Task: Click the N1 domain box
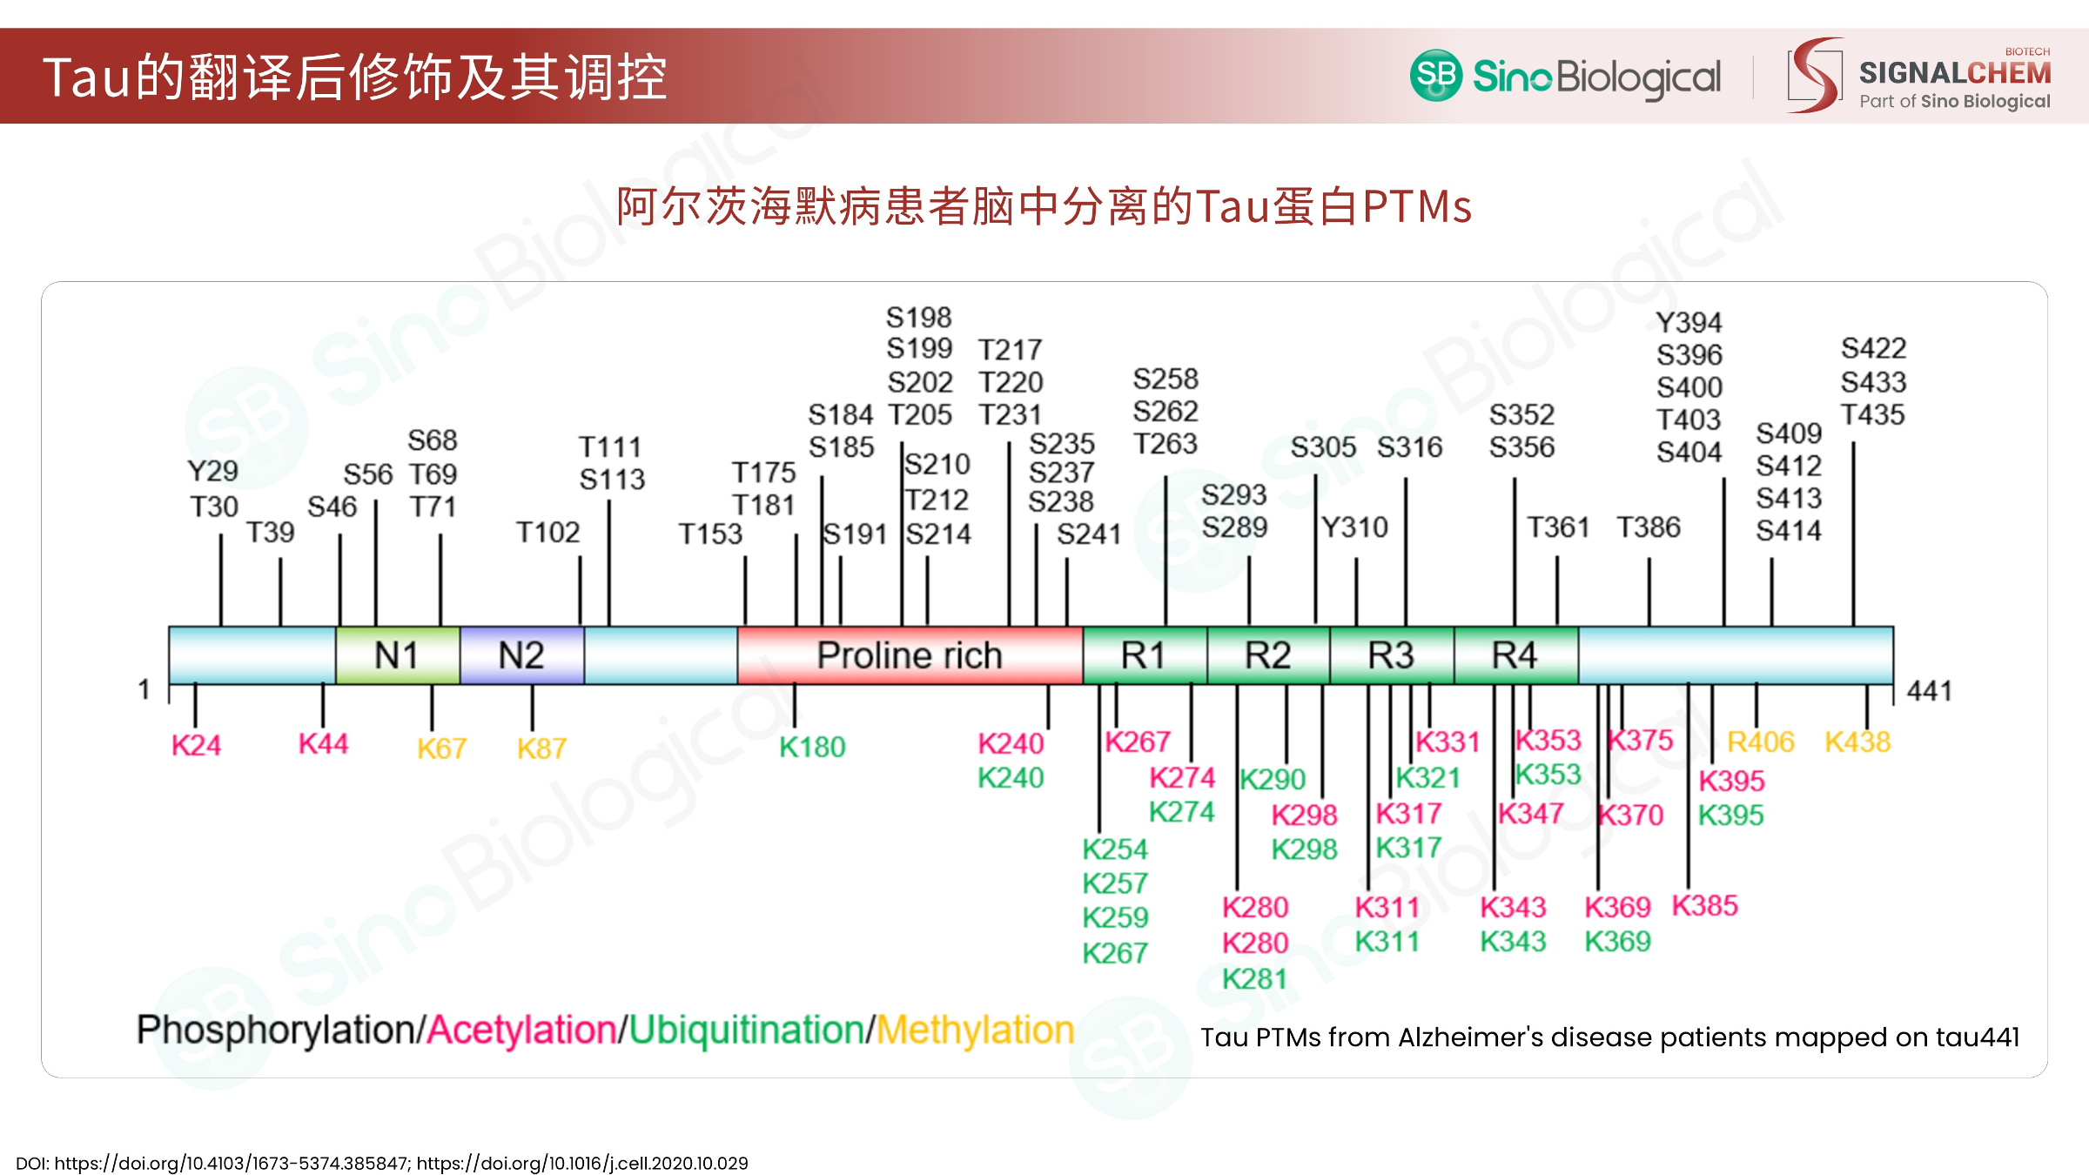coord(398,655)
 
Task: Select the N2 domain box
coord(521,655)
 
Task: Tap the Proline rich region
coord(910,655)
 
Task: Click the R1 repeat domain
coord(1145,655)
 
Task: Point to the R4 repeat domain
coord(1515,655)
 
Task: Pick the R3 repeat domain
coord(1392,655)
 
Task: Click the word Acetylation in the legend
coord(522,1031)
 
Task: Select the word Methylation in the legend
coord(975,1031)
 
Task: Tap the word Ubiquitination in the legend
coord(746,1031)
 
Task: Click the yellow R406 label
coord(1761,742)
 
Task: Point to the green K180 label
coord(812,747)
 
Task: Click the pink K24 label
coord(196,745)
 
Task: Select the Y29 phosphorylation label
coord(212,471)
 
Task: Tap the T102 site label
coord(547,532)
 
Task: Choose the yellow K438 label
coord(1857,742)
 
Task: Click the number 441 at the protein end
coord(1929,691)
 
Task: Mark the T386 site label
coord(1649,527)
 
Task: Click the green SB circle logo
coord(1436,75)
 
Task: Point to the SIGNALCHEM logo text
coord(1955,73)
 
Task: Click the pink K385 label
coord(1705,906)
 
